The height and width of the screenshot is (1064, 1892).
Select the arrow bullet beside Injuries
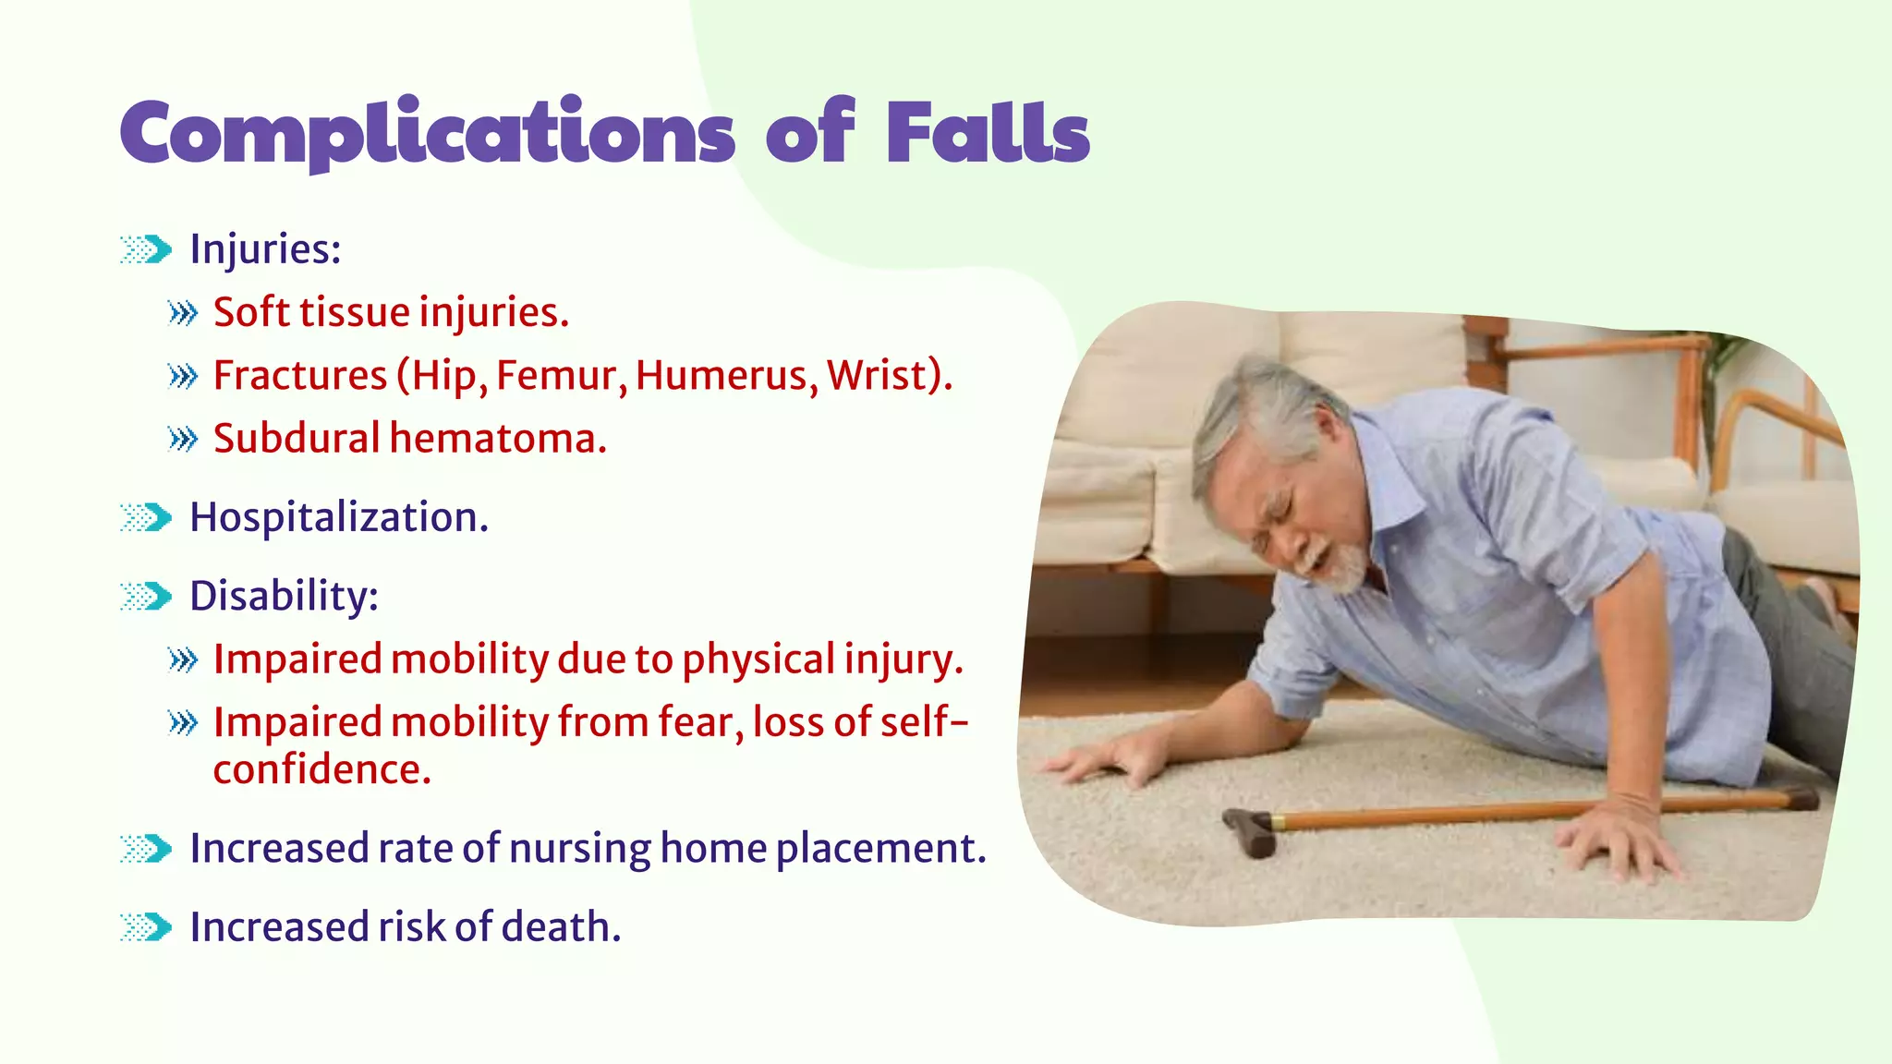(146, 249)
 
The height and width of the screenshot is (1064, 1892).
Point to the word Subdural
(296, 439)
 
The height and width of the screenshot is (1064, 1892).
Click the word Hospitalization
(338, 517)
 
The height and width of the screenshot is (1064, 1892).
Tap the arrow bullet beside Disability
(146, 597)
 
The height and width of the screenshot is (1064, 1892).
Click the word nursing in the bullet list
(579, 848)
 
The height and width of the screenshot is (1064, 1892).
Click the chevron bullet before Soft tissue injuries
(183, 314)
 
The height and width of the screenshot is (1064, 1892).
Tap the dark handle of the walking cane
(1249, 830)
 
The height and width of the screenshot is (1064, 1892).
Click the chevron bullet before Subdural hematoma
(183, 440)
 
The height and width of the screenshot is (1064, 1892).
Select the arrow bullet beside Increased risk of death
(146, 927)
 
